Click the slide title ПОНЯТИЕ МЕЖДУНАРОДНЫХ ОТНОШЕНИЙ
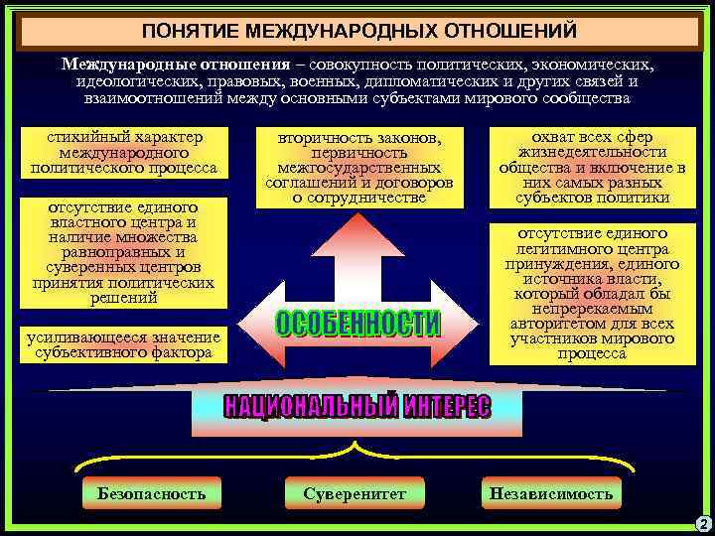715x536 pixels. tap(358, 31)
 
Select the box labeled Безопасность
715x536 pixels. tap(151, 493)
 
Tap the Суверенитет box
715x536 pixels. tap(355, 493)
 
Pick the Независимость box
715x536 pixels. tap(550, 493)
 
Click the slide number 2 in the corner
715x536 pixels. tap(703, 523)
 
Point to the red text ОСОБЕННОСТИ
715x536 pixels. tap(357, 325)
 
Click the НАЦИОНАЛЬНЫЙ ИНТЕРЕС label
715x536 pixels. tap(357, 407)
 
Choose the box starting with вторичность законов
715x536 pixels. tap(359, 167)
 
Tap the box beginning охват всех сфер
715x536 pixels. tap(593, 167)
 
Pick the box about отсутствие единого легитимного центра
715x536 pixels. tap(593, 293)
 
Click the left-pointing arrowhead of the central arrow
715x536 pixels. tap(249, 324)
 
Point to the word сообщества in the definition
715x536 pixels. tap(582, 99)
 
